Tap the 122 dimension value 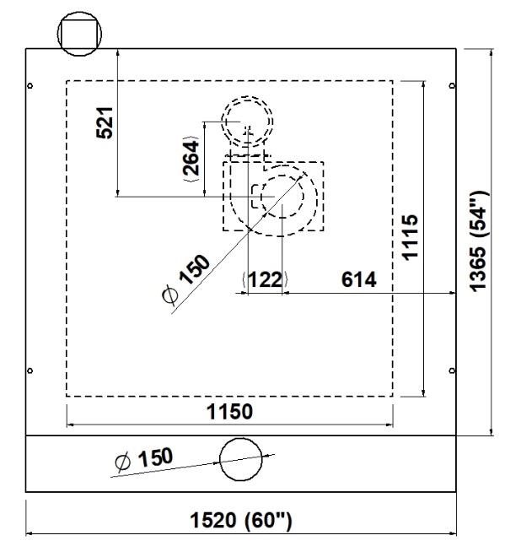click(x=266, y=280)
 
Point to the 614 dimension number click(x=359, y=279)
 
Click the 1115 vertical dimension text click(x=411, y=238)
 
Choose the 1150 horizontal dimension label click(x=230, y=412)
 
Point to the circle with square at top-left click(x=80, y=35)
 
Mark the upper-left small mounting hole click(x=30, y=85)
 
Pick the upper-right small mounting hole click(x=452, y=85)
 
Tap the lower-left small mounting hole click(x=30, y=370)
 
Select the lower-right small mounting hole click(x=452, y=370)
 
